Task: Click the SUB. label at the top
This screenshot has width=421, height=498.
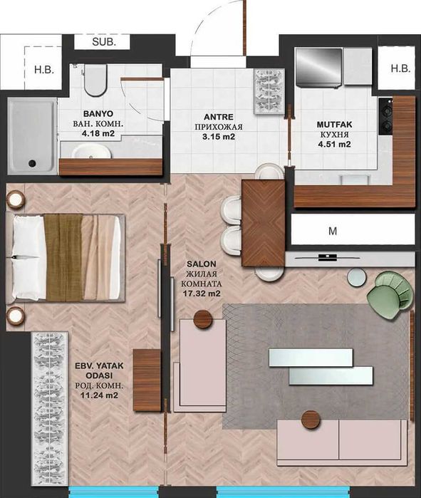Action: point(110,41)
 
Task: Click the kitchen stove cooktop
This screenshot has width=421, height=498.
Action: point(386,117)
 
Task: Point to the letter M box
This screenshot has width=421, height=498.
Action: point(332,231)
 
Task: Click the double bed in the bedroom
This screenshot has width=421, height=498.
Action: point(68,256)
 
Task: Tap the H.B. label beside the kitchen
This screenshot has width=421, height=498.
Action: point(400,68)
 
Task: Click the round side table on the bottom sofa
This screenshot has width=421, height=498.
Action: point(309,420)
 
